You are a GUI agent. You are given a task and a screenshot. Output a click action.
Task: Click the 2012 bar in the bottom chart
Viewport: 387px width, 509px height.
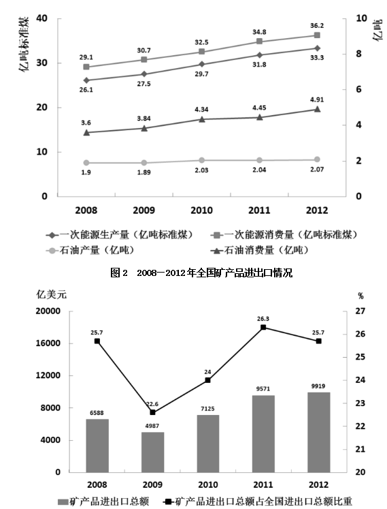point(318,432)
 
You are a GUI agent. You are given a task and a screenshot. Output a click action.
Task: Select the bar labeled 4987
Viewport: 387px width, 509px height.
point(152,452)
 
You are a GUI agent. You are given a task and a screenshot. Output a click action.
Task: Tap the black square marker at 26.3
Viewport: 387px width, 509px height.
point(263,327)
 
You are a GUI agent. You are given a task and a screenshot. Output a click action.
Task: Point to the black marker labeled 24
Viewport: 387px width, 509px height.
point(207,380)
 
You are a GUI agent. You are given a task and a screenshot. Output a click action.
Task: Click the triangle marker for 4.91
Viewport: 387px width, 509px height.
point(317,109)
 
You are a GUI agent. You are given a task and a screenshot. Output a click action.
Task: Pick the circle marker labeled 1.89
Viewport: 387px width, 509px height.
point(144,163)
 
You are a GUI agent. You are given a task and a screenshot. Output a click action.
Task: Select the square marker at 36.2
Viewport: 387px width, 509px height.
point(317,35)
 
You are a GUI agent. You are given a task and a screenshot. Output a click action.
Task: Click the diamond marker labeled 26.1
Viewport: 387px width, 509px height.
point(86,80)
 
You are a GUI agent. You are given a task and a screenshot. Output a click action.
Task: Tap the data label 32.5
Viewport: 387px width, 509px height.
point(201,42)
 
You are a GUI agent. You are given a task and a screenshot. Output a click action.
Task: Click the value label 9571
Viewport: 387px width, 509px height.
point(263,388)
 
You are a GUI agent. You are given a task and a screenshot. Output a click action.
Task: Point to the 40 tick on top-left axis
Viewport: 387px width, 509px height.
point(41,18)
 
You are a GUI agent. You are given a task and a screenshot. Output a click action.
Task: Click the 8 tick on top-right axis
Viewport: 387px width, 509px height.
point(358,54)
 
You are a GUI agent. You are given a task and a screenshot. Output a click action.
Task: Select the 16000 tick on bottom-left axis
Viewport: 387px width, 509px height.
point(48,343)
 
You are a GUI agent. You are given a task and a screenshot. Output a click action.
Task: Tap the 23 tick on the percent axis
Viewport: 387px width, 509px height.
point(360,403)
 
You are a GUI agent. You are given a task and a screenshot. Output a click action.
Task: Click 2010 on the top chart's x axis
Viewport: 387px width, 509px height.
point(201,211)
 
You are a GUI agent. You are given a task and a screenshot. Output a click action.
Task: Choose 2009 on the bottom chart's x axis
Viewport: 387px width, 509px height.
point(152,484)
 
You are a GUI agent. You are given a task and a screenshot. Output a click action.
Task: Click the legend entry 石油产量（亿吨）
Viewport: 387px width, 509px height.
point(90,250)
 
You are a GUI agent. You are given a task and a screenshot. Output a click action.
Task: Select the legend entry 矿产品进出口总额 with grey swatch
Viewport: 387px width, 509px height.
point(103,502)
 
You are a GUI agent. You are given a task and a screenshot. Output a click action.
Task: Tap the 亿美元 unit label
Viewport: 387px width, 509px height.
point(51,294)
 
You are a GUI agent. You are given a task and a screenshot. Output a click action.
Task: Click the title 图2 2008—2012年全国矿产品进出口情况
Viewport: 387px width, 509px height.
point(201,273)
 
